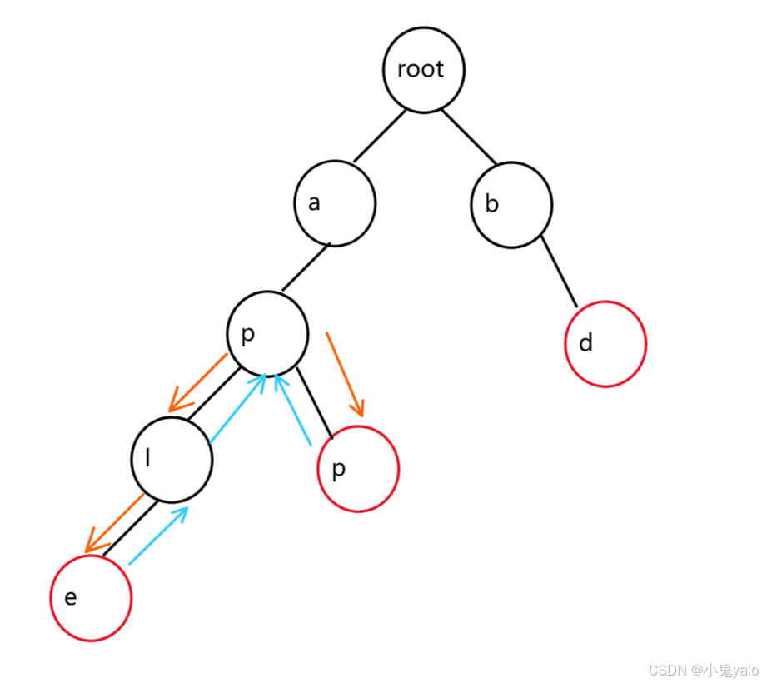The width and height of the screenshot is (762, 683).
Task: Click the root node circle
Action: pyautogui.click(x=424, y=70)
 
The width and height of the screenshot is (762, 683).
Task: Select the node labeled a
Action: pyautogui.click(x=335, y=203)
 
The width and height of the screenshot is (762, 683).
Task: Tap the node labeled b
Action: pyautogui.click(x=511, y=205)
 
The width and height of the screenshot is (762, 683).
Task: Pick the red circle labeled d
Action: pyautogui.click(x=605, y=343)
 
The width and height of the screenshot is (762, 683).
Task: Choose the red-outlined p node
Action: pyautogui.click(x=358, y=468)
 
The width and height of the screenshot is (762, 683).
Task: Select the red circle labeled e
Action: pyautogui.click(x=91, y=597)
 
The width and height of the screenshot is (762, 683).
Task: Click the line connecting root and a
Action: pyautogui.click(x=379, y=136)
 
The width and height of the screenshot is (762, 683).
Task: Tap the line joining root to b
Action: pyautogui.click(x=469, y=137)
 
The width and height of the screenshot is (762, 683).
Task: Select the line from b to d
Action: pyautogui.click(x=559, y=272)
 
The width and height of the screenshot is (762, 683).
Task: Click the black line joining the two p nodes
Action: pyautogui.click(x=315, y=400)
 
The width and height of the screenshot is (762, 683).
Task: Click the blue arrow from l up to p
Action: pyautogui.click(x=237, y=408)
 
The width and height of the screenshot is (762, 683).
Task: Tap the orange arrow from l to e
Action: pyautogui.click(x=115, y=523)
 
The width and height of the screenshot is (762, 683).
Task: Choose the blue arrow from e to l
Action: pyautogui.click(x=158, y=535)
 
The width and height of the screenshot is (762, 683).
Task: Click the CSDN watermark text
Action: pyautogui.click(x=704, y=670)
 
